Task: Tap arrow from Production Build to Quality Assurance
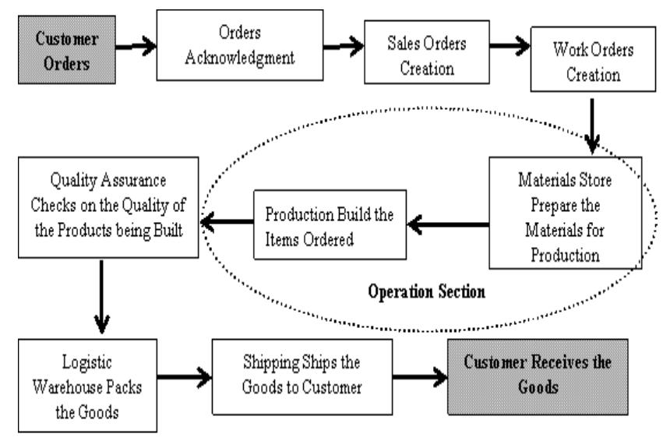point(226,222)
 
